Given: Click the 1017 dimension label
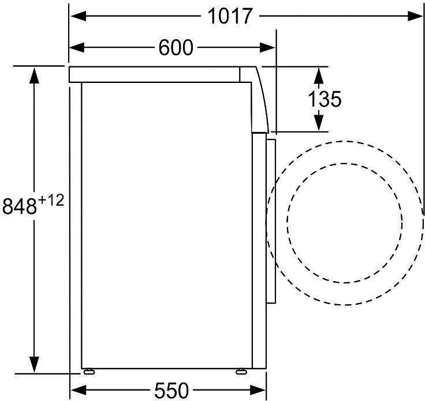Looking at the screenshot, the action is click(x=230, y=16).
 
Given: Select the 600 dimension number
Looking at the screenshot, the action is click(x=176, y=48).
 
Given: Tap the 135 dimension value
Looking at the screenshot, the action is click(x=325, y=99).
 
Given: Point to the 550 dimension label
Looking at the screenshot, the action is click(x=172, y=390).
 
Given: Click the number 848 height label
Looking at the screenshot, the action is click(x=20, y=206).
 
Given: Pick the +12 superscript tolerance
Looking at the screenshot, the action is click(x=51, y=200).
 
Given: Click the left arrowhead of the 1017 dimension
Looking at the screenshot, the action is click(x=79, y=16).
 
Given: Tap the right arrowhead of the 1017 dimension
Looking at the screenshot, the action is click(x=415, y=16).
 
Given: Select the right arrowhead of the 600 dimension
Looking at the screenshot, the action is click(x=267, y=48).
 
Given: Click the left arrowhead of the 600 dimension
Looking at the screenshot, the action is click(x=77, y=48).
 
